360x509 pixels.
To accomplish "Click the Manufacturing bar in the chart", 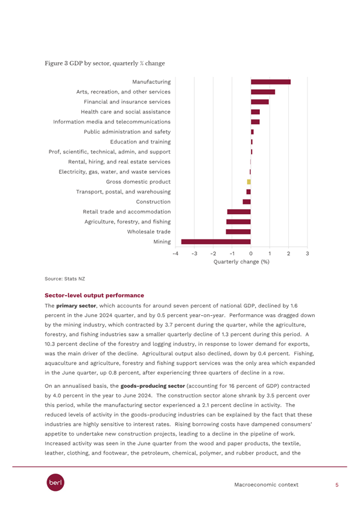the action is pyautogui.click(x=271, y=82).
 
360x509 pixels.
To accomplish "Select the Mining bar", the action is pyautogui.click(x=216, y=241).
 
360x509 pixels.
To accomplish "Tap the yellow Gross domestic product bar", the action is pyautogui.click(x=249, y=182).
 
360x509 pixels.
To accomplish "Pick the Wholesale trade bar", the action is pyautogui.click(x=238, y=232).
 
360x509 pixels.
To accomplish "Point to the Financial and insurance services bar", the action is pyautogui.click(x=260, y=102).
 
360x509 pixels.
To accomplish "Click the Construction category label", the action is pyautogui.click(x=153, y=201).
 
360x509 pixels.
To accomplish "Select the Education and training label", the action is pyautogui.click(x=141, y=142).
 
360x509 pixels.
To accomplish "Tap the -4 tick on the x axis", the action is pyautogui.click(x=175, y=253).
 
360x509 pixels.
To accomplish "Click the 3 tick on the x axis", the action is pyautogui.click(x=308, y=253).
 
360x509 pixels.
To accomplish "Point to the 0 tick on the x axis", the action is pyautogui.click(x=251, y=253).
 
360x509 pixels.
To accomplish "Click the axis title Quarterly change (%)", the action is pyautogui.click(x=242, y=262).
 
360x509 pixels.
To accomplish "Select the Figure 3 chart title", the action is pyautogui.click(x=105, y=63).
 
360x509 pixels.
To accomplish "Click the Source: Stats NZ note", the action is pyautogui.click(x=65, y=279).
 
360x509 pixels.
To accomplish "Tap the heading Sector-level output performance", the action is pyautogui.click(x=95, y=296).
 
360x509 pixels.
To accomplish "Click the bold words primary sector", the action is pyautogui.click(x=76, y=306).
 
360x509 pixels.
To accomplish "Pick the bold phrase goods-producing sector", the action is pyautogui.click(x=153, y=386).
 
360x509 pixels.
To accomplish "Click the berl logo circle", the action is pyautogui.click(x=55, y=482).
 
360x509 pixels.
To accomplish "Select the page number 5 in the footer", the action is pyautogui.click(x=337, y=485).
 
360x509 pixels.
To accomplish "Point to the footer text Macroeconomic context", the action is pyautogui.click(x=266, y=485).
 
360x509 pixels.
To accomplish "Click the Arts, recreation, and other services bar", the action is pyautogui.click(x=263, y=92).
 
